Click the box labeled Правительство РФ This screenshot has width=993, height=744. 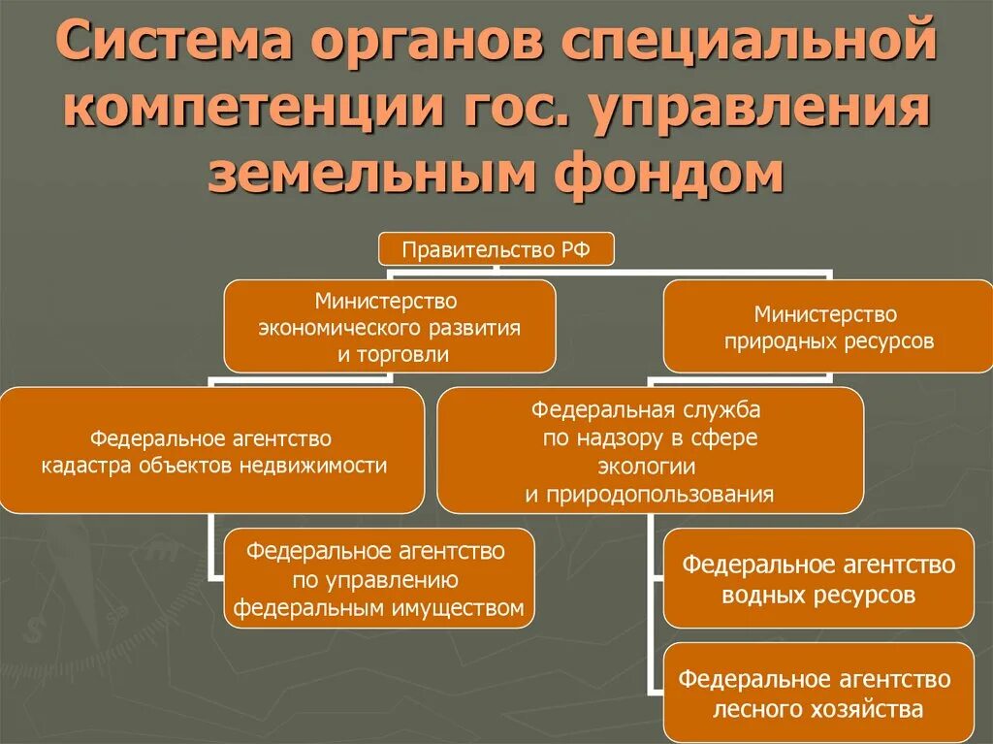tap(496, 250)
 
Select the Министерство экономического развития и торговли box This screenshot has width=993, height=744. tap(390, 326)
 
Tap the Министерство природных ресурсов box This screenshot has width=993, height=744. tap(828, 326)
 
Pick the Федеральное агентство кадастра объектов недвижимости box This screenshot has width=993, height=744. tap(212, 450)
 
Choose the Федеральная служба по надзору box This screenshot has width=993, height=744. tap(650, 450)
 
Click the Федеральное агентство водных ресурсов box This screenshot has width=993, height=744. tap(818, 578)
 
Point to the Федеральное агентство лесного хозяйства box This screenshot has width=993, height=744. tap(818, 693)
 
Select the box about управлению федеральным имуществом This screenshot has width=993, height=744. tap(379, 579)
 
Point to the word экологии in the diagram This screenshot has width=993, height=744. tap(649, 467)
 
